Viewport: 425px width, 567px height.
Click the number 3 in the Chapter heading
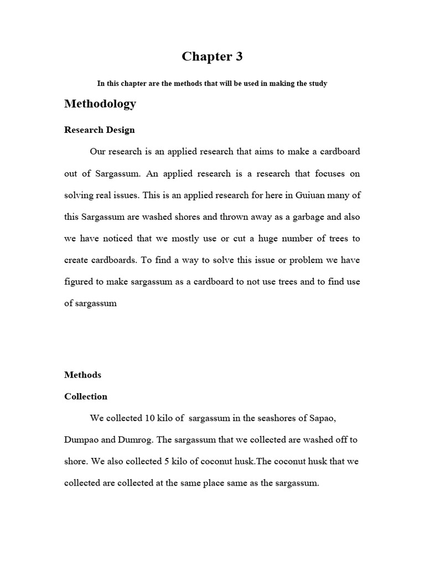click(238, 56)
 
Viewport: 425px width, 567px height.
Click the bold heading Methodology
click(100, 104)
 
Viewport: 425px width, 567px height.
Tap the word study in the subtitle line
click(316, 84)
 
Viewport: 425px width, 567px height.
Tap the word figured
click(79, 281)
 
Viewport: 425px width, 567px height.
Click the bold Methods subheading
click(82, 375)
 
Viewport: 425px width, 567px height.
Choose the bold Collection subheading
click(86, 396)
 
